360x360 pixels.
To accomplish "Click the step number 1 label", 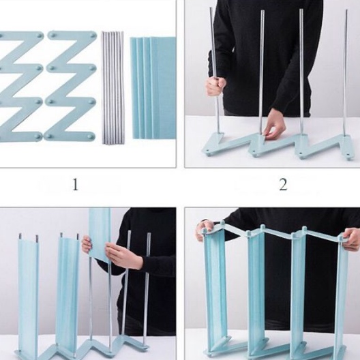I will [x=75, y=184].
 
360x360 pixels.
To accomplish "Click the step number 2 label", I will [x=283, y=184].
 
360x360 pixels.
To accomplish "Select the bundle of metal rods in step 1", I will [x=112, y=87].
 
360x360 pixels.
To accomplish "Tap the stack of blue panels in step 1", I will [x=153, y=87].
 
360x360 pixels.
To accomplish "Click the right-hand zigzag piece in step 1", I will [x=71, y=85].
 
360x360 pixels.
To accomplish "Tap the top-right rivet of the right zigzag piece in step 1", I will [x=92, y=35].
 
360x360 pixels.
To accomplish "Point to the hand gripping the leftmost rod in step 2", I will [x=215, y=86].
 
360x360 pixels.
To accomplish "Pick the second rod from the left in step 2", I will [x=260, y=75].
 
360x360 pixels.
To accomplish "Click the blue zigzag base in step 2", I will [x=280, y=146].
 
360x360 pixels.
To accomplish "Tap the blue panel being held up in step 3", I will [x=100, y=232].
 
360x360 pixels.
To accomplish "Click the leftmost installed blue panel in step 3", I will [x=28, y=293].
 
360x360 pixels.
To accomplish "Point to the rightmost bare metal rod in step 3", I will [x=146, y=286].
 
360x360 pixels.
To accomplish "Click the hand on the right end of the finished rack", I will [x=350, y=239].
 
